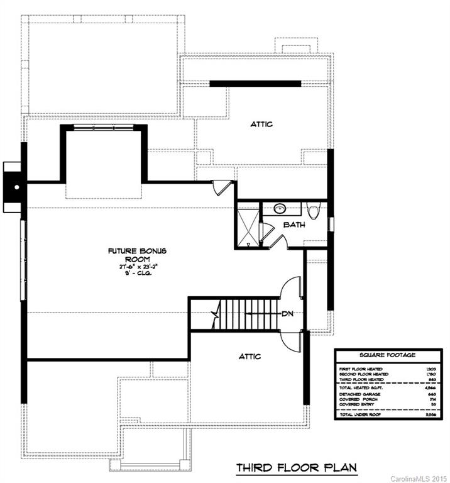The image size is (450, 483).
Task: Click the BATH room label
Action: pos(294,224)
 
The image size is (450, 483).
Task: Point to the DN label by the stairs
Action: pos(288,314)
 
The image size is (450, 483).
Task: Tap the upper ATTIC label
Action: pos(261,124)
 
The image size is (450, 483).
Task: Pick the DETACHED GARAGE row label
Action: pos(357,394)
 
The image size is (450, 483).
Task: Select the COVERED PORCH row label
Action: pos(355,400)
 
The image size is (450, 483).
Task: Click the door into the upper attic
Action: pos(221,187)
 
